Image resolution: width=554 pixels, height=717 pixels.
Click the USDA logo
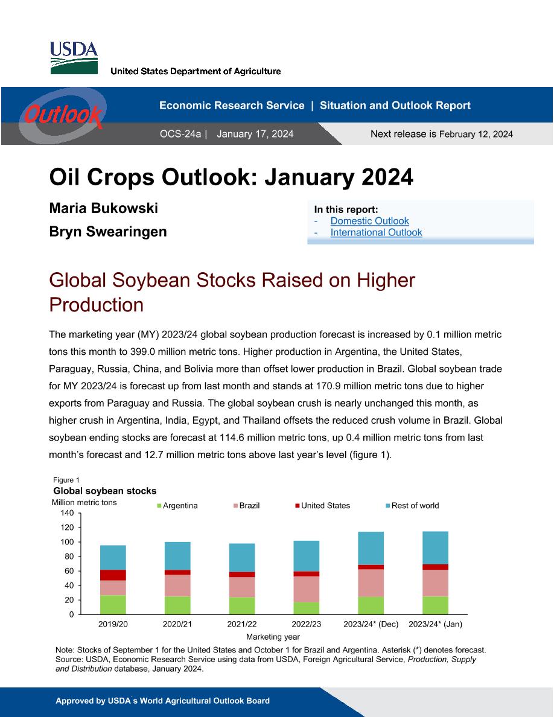[x=74, y=57]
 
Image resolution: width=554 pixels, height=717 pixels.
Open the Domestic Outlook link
[x=369, y=221]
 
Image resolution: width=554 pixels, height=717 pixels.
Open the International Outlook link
[x=376, y=232]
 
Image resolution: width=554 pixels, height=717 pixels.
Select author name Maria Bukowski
[x=103, y=208]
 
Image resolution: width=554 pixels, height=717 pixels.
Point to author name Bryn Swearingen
[x=108, y=231]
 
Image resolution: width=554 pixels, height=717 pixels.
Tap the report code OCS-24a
[x=180, y=134]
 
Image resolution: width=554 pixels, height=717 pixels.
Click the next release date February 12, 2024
[x=476, y=134]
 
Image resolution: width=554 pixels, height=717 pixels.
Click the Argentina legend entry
[x=177, y=505]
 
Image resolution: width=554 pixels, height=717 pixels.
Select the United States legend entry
[x=322, y=505]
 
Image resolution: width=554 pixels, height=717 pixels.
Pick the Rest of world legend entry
[x=412, y=505]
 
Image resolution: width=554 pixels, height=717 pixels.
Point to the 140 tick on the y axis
[x=67, y=513]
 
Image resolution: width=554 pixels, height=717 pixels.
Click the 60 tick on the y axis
[x=69, y=571]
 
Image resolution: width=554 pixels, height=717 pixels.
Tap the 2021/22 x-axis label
[x=242, y=624]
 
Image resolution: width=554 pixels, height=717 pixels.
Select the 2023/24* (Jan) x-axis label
[x=435, y=624]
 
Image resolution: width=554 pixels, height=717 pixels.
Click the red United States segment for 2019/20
[x=113, y=575]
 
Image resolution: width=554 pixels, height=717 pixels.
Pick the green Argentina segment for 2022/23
[x=306, y=608]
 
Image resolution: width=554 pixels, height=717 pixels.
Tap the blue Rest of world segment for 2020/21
[x=177, y=556]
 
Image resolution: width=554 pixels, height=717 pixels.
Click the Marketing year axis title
[x=273, y=637]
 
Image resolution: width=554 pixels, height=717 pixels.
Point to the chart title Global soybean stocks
[x=104, y=491]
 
